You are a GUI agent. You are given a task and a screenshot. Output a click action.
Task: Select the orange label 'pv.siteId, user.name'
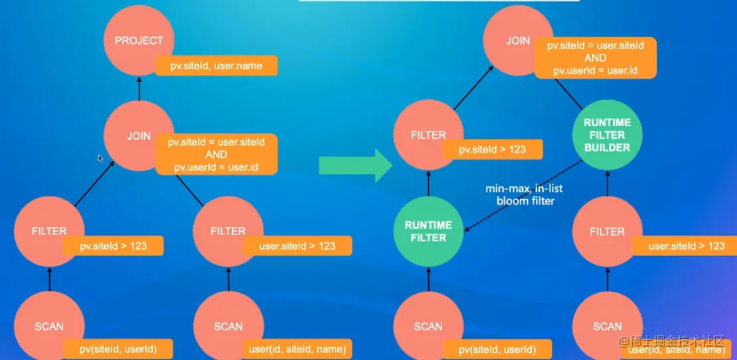click(216, 66)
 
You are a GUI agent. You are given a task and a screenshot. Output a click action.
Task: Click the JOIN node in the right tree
click(515, 40)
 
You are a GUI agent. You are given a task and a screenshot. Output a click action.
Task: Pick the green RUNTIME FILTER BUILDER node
click(607, 135)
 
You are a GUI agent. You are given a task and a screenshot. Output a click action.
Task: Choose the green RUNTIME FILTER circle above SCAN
click(428, 231)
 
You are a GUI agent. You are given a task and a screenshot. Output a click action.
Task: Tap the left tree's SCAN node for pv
click(49, 325)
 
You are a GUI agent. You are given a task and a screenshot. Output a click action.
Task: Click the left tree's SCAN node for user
click(228, 325)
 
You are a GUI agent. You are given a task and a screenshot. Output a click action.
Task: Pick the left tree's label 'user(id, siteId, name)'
click(297, 349)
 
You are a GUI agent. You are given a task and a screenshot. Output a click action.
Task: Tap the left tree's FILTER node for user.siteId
click(227, 230)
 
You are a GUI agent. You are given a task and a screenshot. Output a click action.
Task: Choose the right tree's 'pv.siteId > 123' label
click(492, 149)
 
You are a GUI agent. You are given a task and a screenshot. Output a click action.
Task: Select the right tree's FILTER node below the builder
click(607, 231)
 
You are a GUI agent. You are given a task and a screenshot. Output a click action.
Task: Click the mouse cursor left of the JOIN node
click(100, 158)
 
